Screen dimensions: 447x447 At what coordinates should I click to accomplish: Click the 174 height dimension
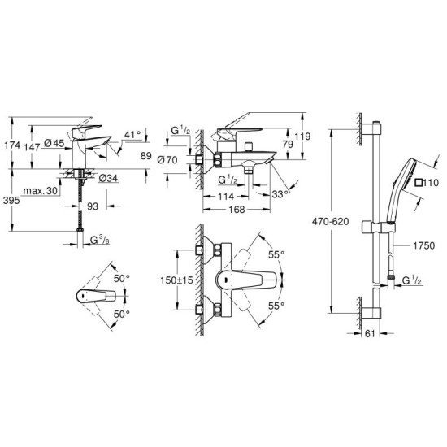click(12, 145)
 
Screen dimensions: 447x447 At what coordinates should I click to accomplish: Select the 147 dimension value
click(32, 147)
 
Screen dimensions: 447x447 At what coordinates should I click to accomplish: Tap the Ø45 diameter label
click(54, 143)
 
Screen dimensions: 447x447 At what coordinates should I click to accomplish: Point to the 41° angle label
click(132, 134)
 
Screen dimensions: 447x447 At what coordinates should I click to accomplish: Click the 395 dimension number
click(11, 200)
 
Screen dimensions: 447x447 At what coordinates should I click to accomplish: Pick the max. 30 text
click(41, 191)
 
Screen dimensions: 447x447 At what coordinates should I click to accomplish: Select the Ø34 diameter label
click(108, 179)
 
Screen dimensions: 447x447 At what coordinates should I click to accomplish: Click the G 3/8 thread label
click(100, 241)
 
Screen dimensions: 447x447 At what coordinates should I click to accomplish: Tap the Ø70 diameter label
click(167, 160)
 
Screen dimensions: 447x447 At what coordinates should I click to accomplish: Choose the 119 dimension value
click(302, 137)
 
